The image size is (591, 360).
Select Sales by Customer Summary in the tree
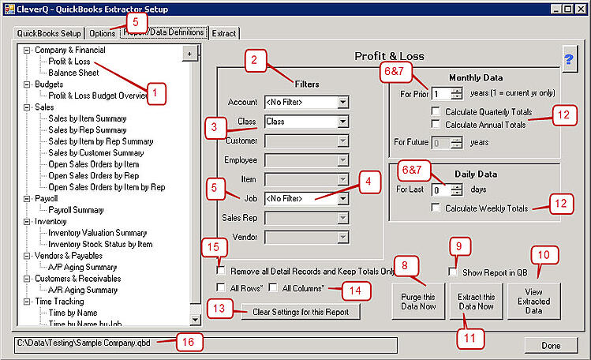point(95,152)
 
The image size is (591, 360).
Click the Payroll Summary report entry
point(76,210)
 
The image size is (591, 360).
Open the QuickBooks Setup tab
point(49,33)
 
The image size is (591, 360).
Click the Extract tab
point(224,33)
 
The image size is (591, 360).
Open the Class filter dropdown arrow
point(342,122)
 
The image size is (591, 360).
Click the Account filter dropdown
point(306,102)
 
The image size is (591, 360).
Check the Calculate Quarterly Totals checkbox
point(435,112)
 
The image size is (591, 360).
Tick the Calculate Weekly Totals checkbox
point(435,208)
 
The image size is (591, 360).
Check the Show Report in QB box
point(452,272)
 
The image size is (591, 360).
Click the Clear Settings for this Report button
point(301,312)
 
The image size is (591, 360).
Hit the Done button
point(551,345)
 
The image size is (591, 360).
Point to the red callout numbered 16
point(190,343)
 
